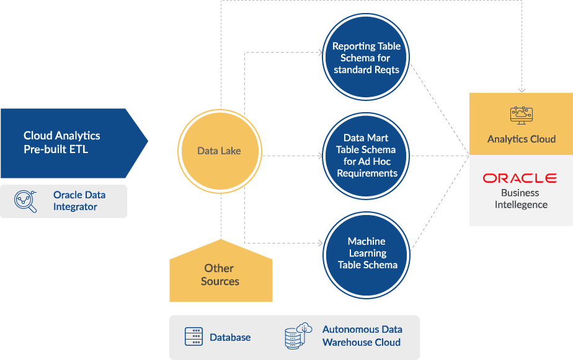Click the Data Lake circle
[219, 151]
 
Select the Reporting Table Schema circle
[366, 58]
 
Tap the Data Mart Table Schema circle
[366, 156]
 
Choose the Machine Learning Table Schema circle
[366, 253]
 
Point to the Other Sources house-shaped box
[220, 273]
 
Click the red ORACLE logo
[520, 178]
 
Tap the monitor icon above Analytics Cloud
[521, 115]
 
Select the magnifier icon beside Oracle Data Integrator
[25, 201]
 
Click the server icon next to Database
[194, 337]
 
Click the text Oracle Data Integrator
[79, 201]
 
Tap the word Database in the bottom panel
[230, 338]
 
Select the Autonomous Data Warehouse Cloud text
[362, 336]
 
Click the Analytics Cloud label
[521, 139]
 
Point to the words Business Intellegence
[521, 199]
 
